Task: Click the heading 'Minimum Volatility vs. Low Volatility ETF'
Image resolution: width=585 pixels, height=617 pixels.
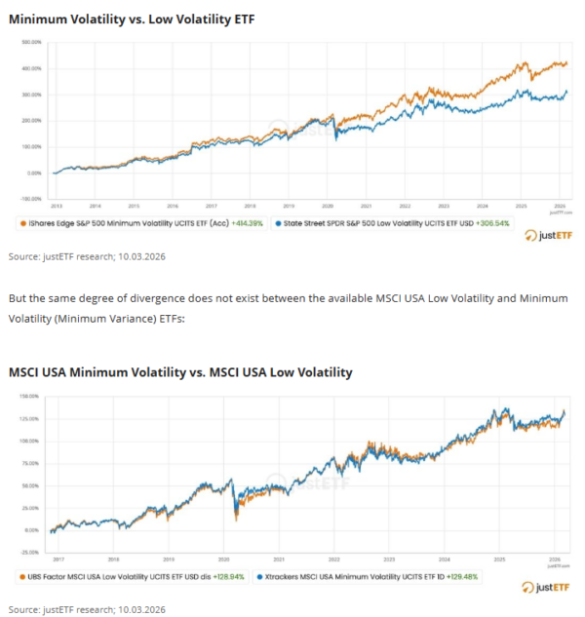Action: (132, 19)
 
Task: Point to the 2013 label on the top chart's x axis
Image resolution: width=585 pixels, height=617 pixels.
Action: (56, 207)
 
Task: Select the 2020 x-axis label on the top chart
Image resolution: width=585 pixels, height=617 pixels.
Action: (328, 207)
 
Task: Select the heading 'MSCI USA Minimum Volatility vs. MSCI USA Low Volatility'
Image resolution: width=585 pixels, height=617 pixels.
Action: (180, 372)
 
